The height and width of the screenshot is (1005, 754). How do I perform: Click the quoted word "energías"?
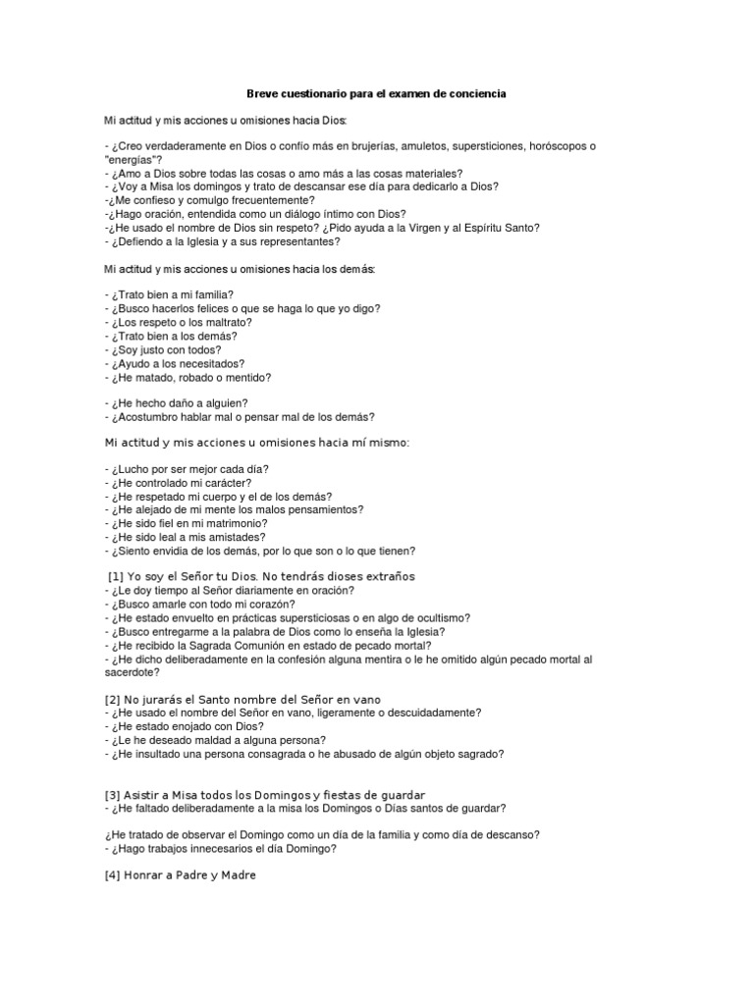(132, 159)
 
